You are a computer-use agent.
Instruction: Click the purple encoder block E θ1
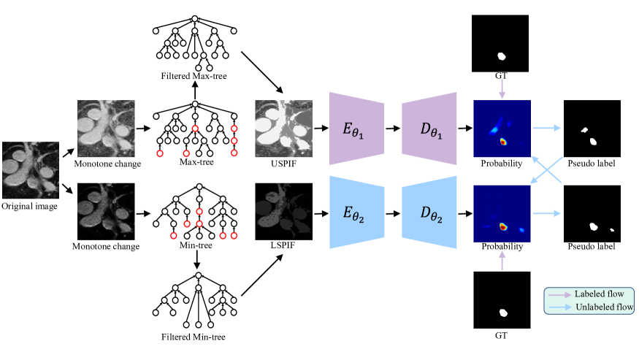click(357, 128)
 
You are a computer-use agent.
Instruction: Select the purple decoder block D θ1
click(429, 128)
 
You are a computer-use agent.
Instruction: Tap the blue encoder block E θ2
click(357, 212)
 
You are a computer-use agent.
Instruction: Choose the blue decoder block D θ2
click(429, 212)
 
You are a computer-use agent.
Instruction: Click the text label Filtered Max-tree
click(194, 77)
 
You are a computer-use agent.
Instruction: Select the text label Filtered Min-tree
click(194, 337)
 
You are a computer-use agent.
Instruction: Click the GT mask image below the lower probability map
click(502, 299)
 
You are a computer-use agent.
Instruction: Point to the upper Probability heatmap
click(502, 129)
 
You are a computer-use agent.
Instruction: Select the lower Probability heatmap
click(502, 212)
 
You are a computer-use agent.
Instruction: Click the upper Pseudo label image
click(592, 129)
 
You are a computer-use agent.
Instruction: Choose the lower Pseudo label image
click(592, 212)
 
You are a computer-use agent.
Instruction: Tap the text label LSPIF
click(283, 247)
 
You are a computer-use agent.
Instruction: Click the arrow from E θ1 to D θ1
click(393, 128)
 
